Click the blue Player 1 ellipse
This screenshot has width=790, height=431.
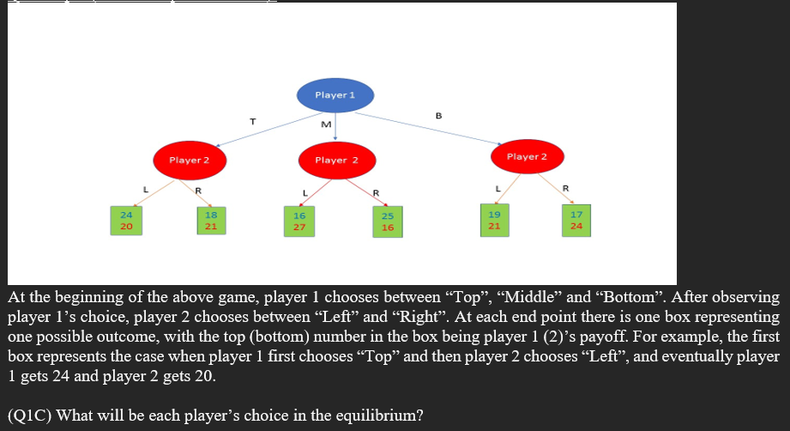pyautogui.click(x=335, y=95)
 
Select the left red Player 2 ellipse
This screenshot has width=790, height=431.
pyautogui.click(x=190, y=161)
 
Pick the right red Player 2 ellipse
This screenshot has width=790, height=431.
pyautogui.click(x=527, y=157)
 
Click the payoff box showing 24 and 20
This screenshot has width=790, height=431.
pyautogui.click(x=126, y=220)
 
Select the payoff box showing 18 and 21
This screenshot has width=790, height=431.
pyautogui.click(x=210, y=220)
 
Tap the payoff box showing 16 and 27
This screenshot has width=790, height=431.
pyautogui.click(x=299, y=222)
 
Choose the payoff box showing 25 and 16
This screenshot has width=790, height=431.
pyautogui.click(x=388, y=222)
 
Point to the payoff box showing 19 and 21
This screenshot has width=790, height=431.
pyautogui.click(x=494, y=220)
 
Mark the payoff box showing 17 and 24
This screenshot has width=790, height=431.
pyautogui.click(x=576, y=221)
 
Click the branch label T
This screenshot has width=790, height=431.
pyautogui.click(x=252, y=121)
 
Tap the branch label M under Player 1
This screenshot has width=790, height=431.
pyautogui.click(x=325, y=126)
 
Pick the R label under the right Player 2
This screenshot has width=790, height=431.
pyautogui.click(x=565, y=187)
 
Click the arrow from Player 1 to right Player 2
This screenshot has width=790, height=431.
pyautogui.click(x=437, y=127)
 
